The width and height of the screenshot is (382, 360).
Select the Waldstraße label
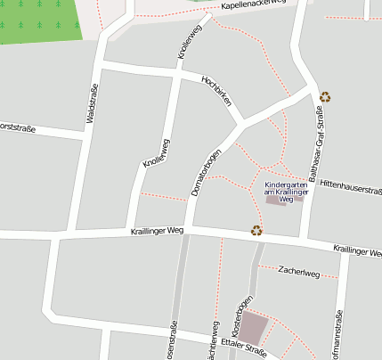tap(91, 104)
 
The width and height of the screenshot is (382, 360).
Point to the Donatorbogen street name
tap(206, 168)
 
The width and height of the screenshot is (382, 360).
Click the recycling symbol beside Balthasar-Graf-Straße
tap(326, 97)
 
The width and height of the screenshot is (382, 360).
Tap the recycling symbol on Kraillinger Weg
tap(256, 230)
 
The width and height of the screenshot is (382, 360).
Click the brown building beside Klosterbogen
tap(254, 328)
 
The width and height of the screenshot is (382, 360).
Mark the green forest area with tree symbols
tap(39, 20)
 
